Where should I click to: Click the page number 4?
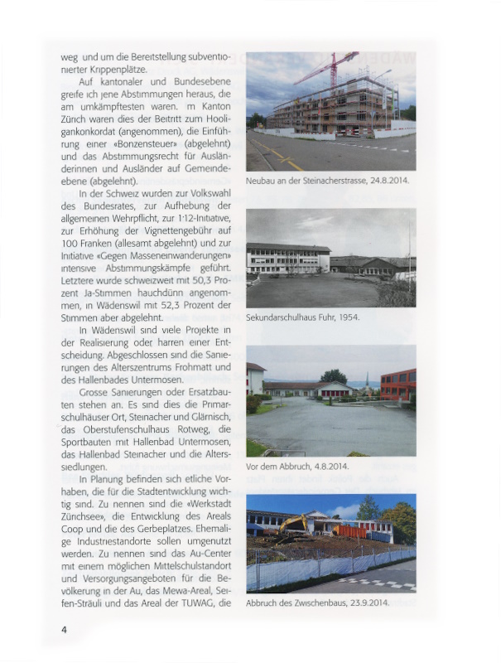[x=64, y=630]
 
